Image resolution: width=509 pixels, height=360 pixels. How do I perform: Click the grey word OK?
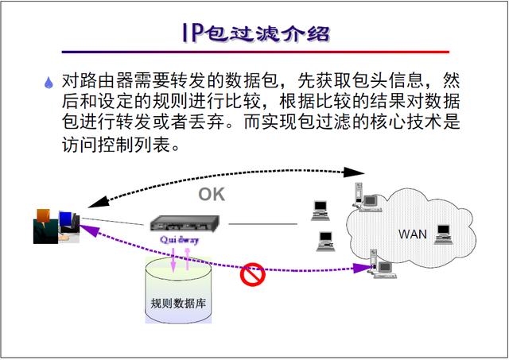click(212, 193)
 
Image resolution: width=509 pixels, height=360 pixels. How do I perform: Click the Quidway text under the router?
click(180, 238)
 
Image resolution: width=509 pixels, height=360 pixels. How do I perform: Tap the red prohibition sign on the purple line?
click(252, 274)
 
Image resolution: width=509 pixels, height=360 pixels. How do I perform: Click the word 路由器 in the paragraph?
click(103, 82)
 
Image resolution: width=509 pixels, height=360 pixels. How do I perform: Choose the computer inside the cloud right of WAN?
click(443, 232)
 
